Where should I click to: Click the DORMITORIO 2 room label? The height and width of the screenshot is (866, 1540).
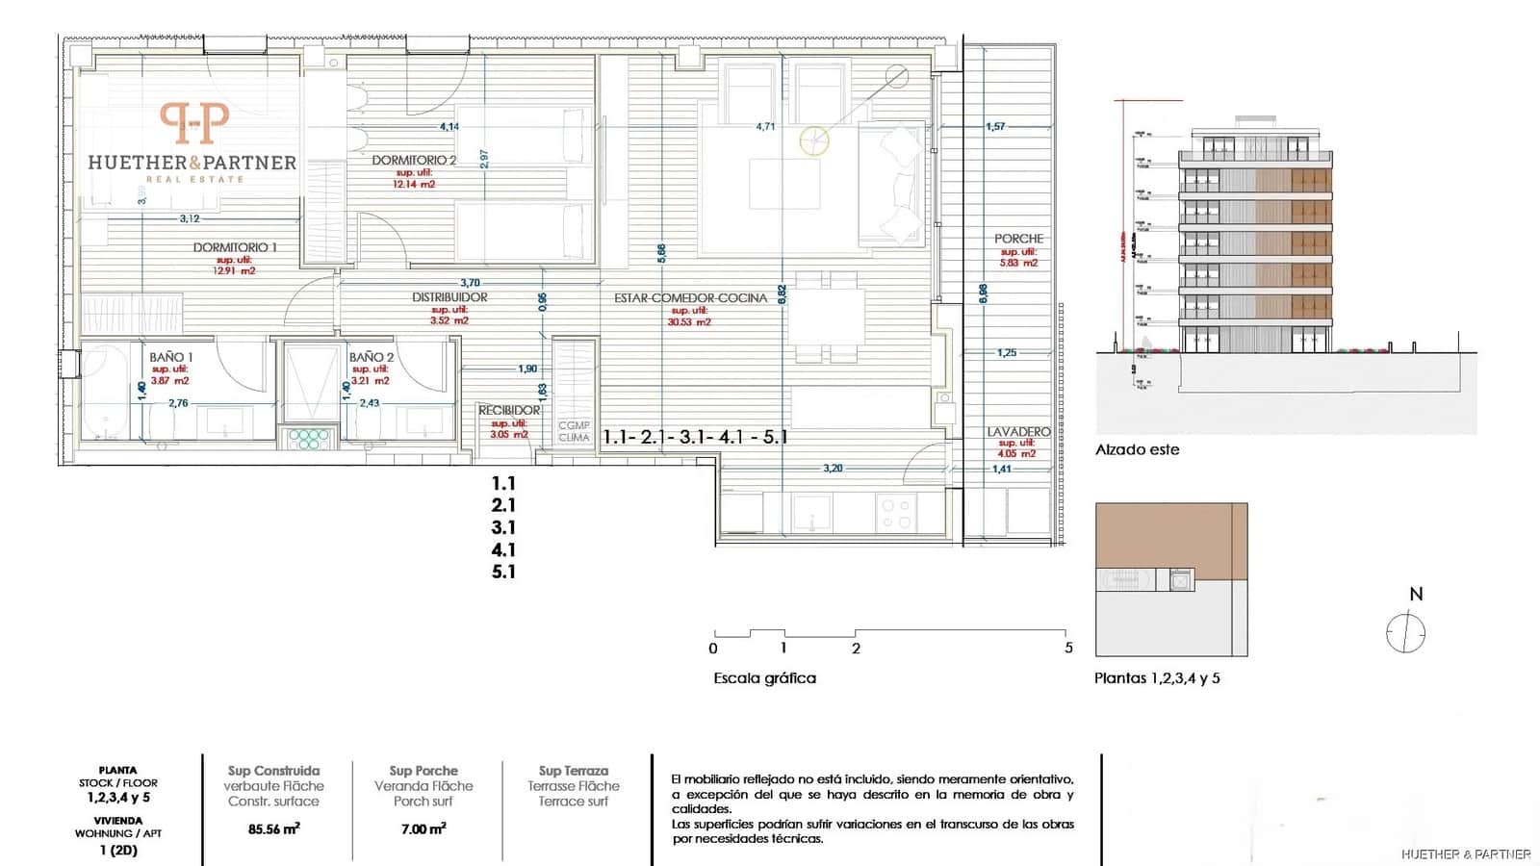414,161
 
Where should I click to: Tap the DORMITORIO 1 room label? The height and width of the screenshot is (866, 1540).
234,247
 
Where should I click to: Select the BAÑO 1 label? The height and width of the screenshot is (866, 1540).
170,357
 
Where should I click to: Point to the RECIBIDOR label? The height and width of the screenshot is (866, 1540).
509,410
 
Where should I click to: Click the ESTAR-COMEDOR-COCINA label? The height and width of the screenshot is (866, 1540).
690,298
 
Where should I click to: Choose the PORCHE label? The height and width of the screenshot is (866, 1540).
1018,239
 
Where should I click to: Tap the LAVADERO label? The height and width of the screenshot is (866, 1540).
1018,432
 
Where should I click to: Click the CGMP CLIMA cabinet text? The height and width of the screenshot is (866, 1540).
574,431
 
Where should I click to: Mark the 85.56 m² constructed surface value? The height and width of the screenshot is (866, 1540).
273,828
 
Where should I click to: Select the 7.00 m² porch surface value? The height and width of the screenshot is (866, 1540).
423,828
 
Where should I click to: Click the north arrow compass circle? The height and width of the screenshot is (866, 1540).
1405,634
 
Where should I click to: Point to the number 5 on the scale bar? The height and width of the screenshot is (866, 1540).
1068,648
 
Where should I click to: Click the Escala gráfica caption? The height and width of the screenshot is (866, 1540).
764,678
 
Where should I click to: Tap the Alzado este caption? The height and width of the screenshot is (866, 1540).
1137,449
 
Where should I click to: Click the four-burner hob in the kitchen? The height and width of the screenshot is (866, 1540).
896,514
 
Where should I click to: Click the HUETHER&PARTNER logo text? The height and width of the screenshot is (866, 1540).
192,163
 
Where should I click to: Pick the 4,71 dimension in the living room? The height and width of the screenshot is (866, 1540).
765,126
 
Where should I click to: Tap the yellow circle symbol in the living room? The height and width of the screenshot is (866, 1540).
814,141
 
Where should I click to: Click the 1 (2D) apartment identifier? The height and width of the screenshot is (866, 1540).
118,851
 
